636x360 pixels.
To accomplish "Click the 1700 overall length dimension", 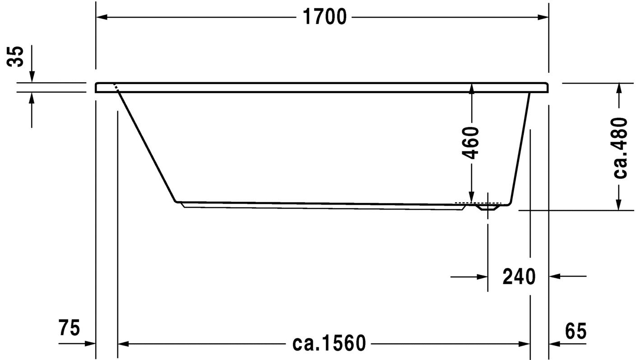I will click(x=324, y=17).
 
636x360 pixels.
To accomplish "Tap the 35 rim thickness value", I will click(x=16, y=57).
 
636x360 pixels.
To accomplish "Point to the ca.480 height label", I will click(x=620, y=148).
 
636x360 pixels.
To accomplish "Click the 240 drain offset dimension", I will click(x=519, y=276).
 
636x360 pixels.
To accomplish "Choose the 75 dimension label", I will click(x=69, y=327).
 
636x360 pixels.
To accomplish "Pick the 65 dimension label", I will click(x=575, y=332).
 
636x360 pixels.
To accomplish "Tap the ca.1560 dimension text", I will click(x=329, y=344).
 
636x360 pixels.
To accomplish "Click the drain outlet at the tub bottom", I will click(x=487, y=208).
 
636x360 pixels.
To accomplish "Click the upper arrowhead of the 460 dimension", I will click(x=471, y=89).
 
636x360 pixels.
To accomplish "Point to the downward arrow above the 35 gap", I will click(x=32, y=77).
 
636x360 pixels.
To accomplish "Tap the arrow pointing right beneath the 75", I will click(x=90, y=344).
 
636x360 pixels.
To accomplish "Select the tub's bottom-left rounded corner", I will click(x=177, y=201).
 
